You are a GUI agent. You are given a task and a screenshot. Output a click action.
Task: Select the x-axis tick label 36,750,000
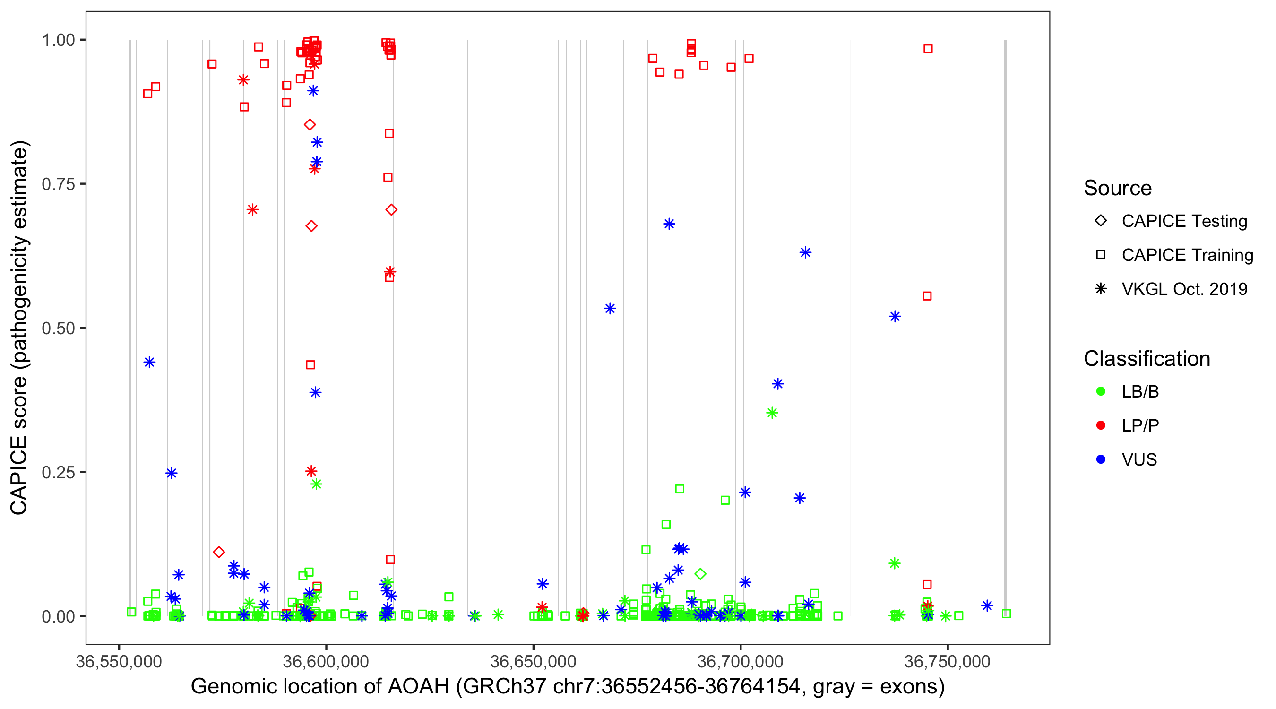point(947,661)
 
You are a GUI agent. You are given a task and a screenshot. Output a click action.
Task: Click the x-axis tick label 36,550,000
point(119,661)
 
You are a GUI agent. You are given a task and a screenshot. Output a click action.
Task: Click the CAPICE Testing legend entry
point(1184,221)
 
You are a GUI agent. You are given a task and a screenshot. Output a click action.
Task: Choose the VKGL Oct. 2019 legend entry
point(1184,289)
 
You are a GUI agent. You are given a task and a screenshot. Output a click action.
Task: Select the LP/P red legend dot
point(1101,425)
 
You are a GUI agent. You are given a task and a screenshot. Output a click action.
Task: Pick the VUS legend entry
point(1139,460)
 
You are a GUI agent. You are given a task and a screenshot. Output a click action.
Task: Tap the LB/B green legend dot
point(1101,391)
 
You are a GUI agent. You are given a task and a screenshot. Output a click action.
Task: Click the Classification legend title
point(1147,359)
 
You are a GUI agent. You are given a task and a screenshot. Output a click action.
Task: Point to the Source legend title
point(1118,188)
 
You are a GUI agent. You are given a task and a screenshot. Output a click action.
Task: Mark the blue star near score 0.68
point(669,224)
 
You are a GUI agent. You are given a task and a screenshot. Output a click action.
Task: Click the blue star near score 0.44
point(149,362)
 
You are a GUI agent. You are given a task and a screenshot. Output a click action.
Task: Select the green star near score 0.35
point(772,413)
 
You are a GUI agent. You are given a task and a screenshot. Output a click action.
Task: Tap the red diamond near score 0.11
point(218,552)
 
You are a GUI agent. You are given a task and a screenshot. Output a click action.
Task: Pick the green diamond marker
point(700,574)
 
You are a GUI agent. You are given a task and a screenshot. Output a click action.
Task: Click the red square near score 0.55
point(927,296)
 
